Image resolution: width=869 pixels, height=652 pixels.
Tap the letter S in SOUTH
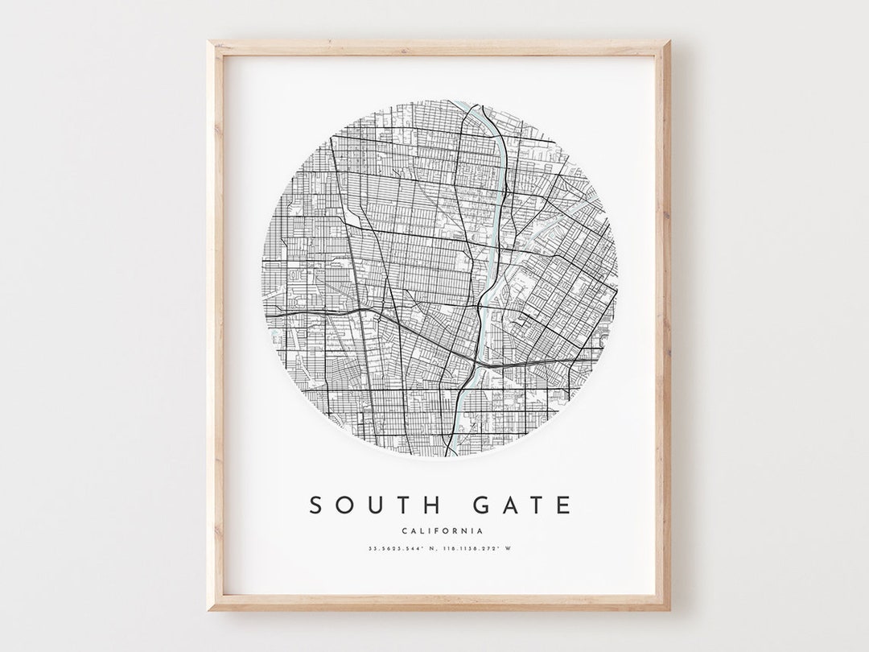(317, 505)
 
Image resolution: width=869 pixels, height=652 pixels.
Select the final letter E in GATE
(563, 505)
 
